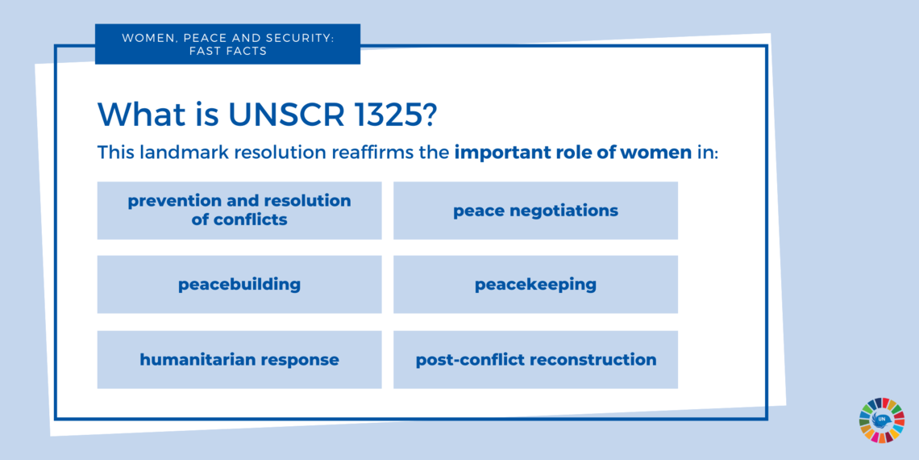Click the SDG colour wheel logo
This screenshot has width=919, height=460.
coord(881,420)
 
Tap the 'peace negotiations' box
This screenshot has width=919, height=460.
coord(535,211)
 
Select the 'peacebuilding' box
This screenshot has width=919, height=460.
coord(239,284)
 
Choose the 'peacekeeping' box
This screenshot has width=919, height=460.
coord(535,284)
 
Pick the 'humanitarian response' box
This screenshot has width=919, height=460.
coord(239,359)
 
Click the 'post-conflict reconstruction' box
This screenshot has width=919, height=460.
coord(535,359)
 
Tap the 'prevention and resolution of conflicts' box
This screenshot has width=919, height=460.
coord(239,211)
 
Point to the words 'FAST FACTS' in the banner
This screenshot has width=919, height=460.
coord(227,51)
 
